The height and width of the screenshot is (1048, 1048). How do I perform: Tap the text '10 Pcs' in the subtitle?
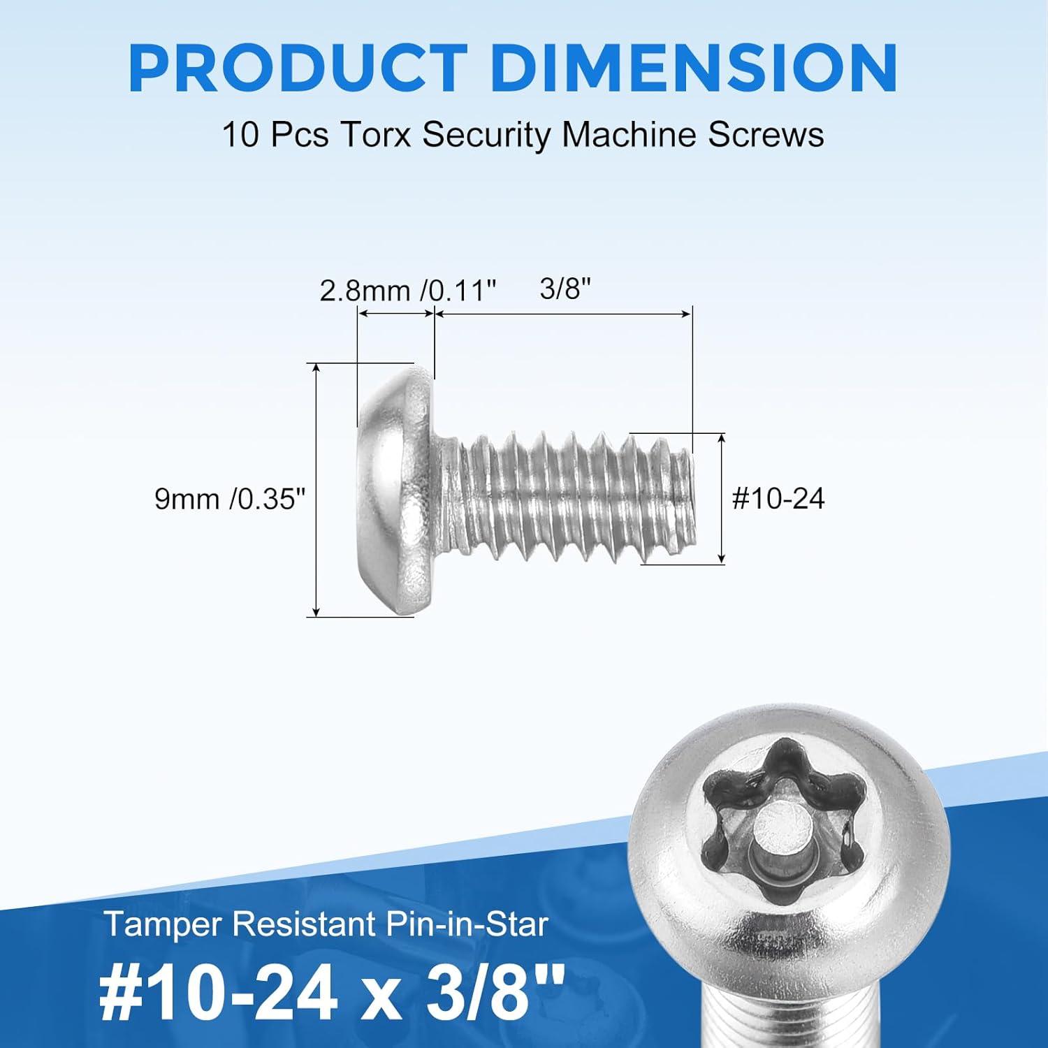point(275,134)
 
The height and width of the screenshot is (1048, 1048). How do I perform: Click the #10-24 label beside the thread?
point(778,499)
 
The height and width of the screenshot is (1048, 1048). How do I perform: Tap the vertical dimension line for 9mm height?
point(317,489)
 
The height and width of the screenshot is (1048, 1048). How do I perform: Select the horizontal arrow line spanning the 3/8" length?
point(563,315)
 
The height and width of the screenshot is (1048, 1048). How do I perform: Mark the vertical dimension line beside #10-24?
point(722,497)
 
